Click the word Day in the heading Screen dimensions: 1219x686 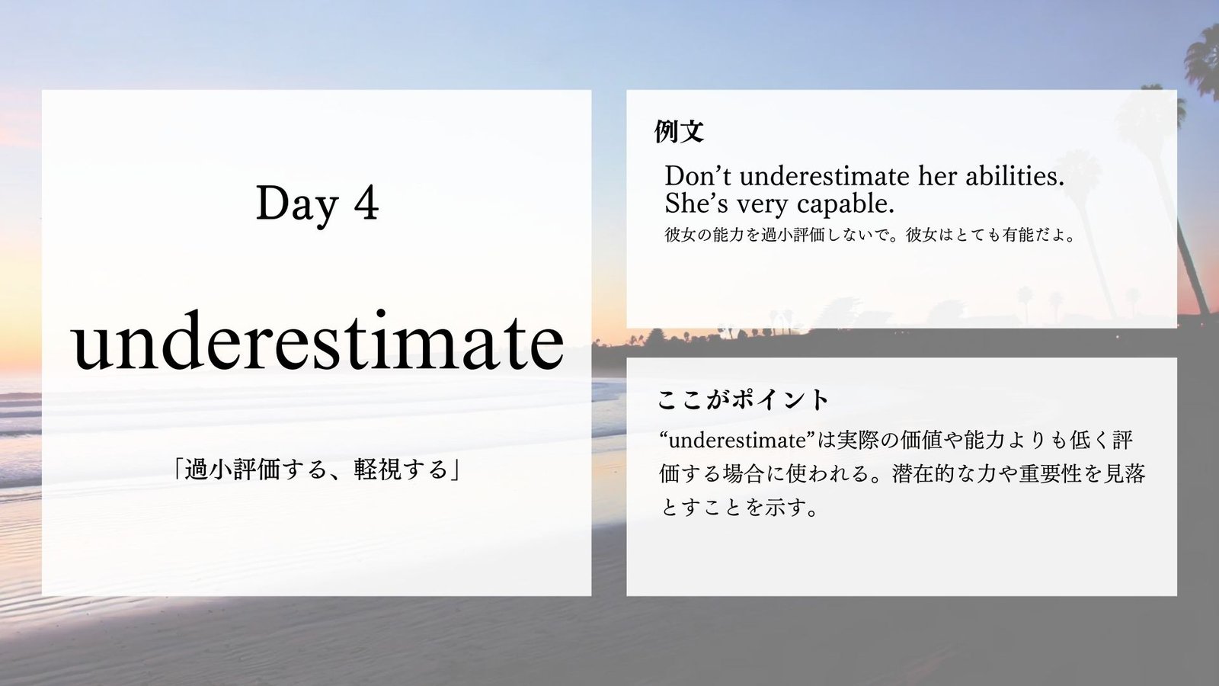297,204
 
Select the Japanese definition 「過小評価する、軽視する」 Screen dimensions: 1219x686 316,470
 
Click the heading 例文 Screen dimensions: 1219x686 679,131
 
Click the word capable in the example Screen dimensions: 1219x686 845,205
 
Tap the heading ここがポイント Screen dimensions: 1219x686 743,400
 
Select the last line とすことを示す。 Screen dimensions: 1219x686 739,508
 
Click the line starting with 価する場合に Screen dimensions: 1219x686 903,473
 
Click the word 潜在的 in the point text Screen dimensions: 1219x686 923,473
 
